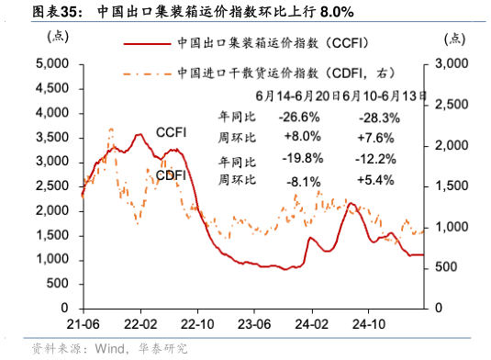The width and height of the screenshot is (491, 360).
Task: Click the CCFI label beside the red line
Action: [172, 132]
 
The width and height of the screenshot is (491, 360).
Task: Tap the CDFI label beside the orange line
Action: [171, 174]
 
